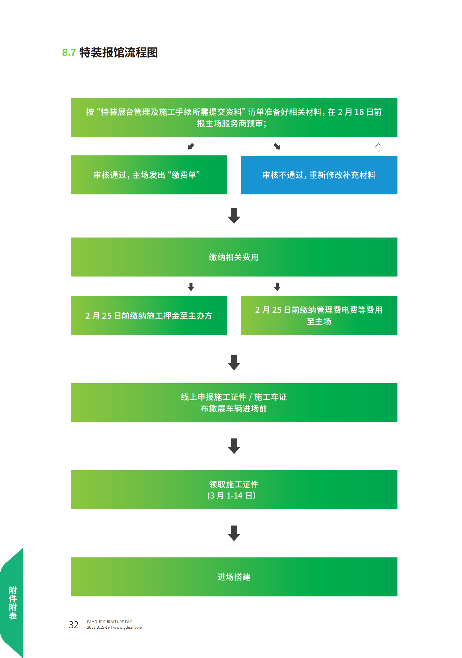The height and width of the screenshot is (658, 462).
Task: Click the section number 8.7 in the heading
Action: click(x=69, y=52)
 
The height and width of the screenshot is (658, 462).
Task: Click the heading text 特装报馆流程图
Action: click(x=119, y=52)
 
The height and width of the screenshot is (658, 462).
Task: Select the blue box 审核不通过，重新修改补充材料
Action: click(x=319, y=175)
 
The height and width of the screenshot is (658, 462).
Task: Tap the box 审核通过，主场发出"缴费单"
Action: click(x=149, y=175)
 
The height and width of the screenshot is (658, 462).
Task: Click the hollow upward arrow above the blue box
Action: click(x=378, y=147)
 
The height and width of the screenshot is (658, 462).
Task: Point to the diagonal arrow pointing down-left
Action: click(x=191, y=146)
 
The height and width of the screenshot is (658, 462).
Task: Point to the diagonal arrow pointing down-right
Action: click(x=277, y=146)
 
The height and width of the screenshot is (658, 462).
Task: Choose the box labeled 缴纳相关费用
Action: click(x=234, y=257)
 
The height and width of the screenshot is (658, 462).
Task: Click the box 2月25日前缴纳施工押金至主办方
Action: click(x=149, y=316)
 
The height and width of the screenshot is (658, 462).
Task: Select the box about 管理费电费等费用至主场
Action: click(x=319, y=316)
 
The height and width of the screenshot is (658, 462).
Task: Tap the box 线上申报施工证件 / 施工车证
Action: click(x=234, y=403)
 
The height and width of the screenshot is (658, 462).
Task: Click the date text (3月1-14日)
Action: click(x=231, y=496)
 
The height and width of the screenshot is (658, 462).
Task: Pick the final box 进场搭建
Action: click(x=234, y=577)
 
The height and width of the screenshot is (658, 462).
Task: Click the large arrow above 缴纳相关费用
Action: click(x=234, y=216)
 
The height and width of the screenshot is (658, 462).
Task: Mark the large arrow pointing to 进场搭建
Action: click(x=234, y=533)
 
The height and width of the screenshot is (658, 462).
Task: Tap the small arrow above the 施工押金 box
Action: click(x=191, y=287)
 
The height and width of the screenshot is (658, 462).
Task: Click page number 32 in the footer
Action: click(x=73, y=625)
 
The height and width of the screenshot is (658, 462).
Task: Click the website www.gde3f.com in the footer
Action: click(x=128, y=627)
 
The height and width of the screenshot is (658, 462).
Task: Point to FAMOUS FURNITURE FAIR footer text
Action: click(x=110, y=622)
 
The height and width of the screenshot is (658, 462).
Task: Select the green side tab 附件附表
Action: click(x=12, y=603)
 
